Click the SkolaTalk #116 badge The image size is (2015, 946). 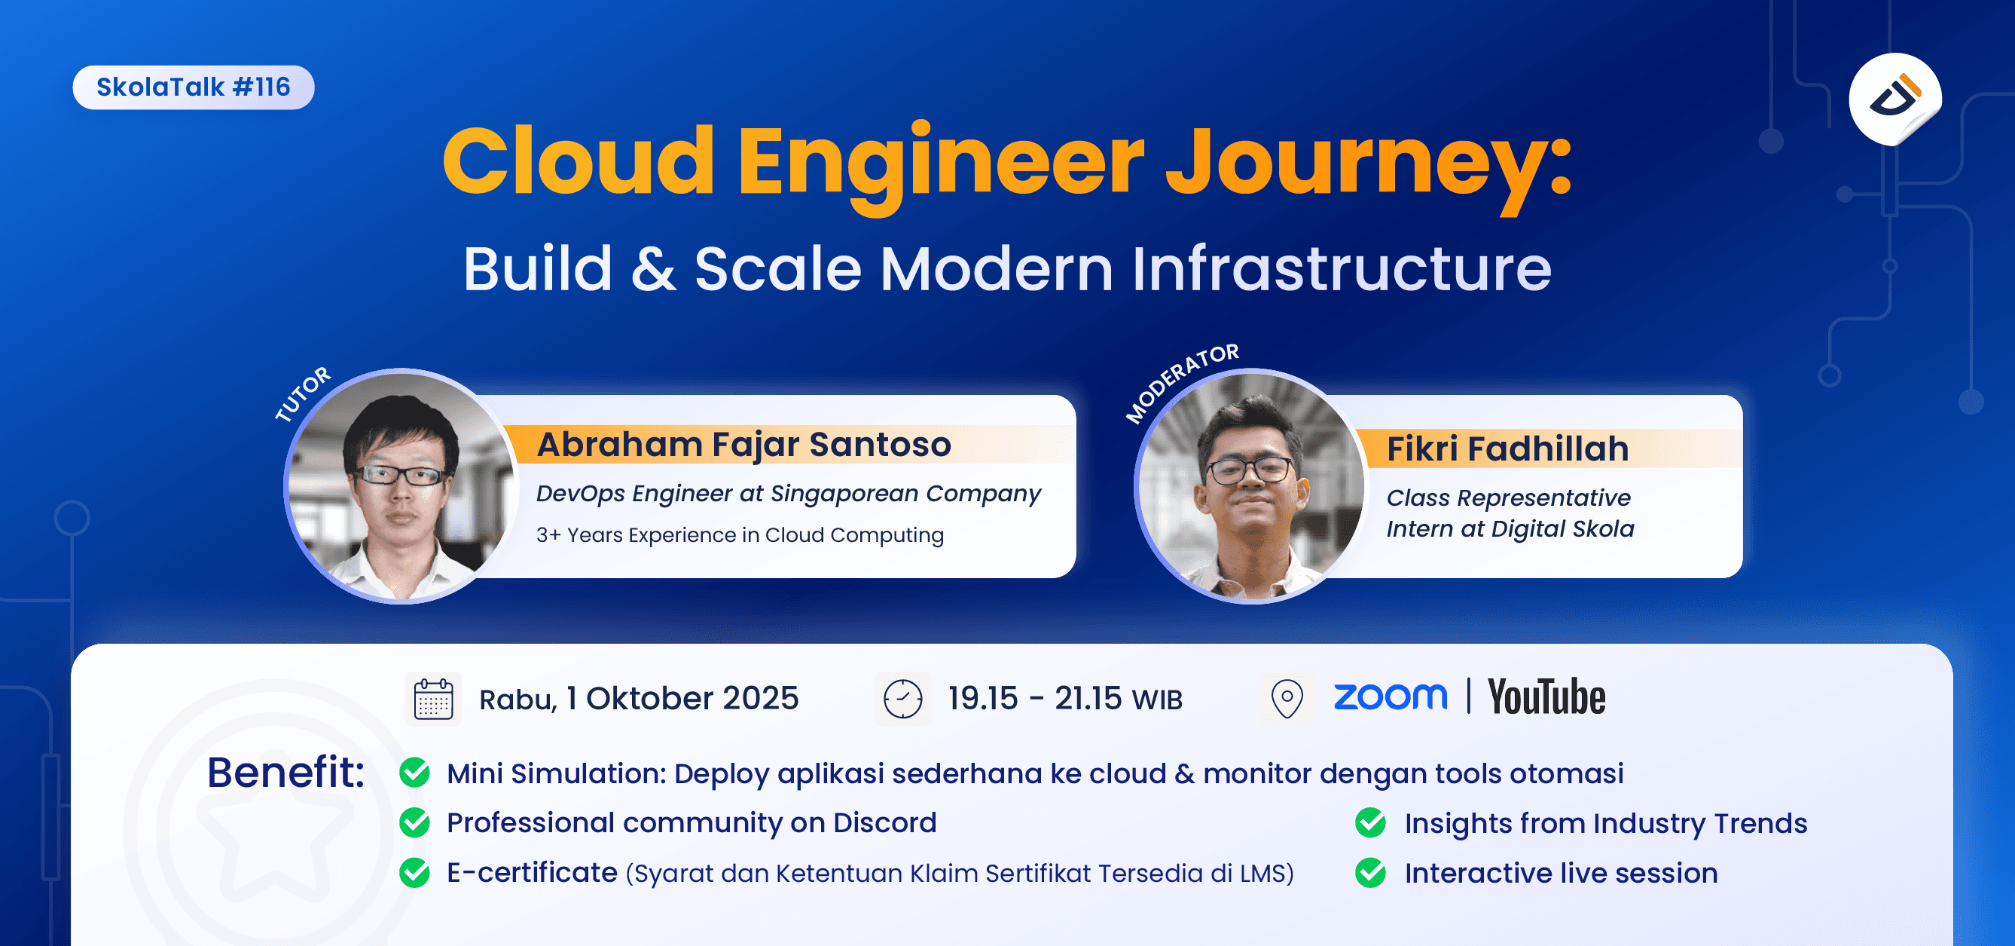193,87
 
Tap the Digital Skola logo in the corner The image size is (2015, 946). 1894,99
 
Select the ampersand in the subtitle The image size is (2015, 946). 653,269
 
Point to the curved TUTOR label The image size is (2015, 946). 303,393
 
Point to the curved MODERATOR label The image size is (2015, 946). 1181,382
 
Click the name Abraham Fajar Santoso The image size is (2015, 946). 744,445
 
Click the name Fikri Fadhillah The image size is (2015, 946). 1507,449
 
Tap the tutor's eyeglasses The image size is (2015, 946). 399,475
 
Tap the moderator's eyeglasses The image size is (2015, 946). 1249,470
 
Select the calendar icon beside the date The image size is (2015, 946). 433,699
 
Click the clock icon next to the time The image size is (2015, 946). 902,699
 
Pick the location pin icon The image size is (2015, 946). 1287,698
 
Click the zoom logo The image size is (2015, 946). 1390,696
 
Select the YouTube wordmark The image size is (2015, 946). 1546,697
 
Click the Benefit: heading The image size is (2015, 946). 285,773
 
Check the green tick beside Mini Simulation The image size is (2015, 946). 414,773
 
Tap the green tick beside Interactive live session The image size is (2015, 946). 1370,872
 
